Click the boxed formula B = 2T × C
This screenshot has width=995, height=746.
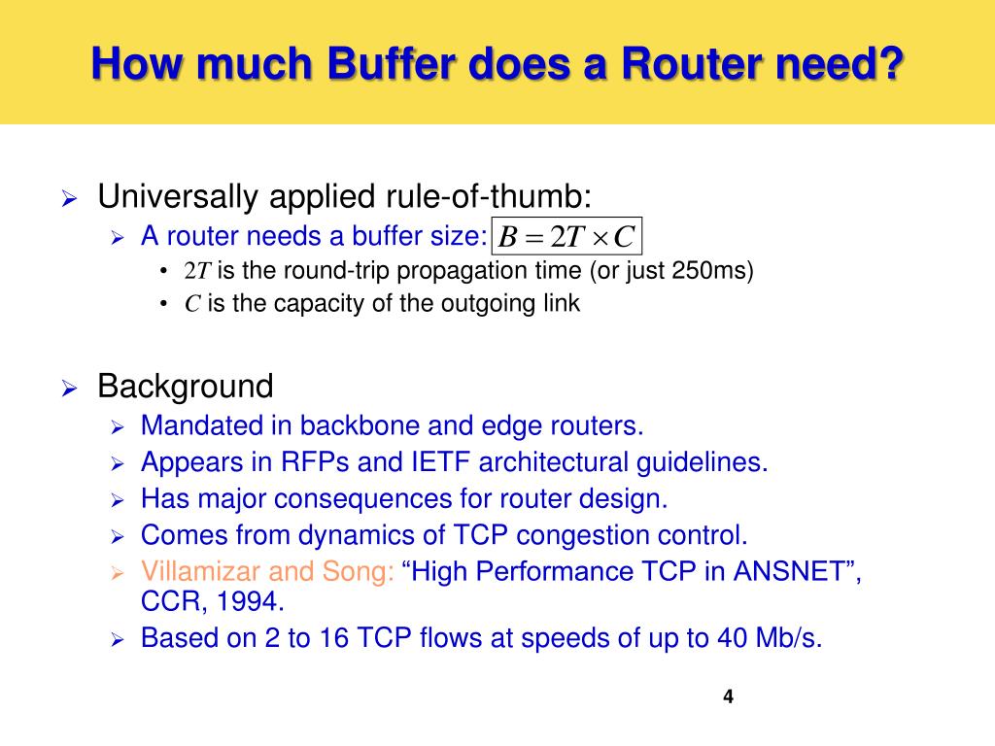pyautogui.click(x=567, y=237)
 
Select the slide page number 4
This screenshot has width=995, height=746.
pyautogui.click(x=728, y=696)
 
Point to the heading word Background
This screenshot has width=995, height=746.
pyautogui.click(x=186, y=387)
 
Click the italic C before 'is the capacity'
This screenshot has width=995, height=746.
pyautogui.click(x=192, y=304)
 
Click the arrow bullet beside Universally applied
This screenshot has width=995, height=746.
pyautogui.click(x=68, y=199)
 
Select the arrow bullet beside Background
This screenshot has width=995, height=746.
pyautogui.click(x=68, y=389)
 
